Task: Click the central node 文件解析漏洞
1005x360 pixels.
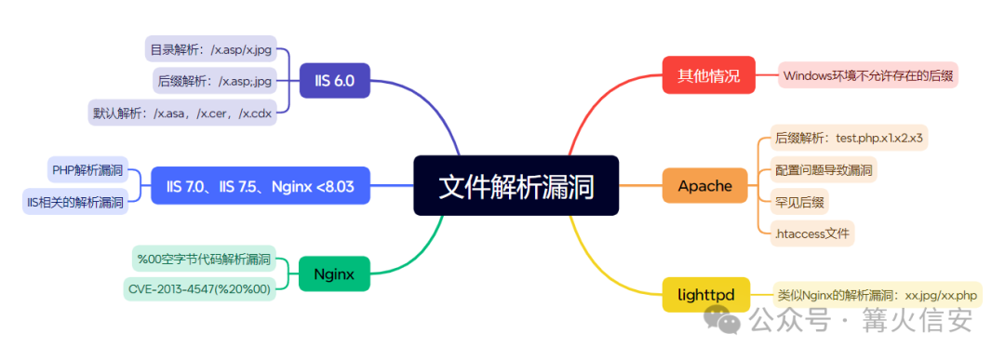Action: tap(516, 186)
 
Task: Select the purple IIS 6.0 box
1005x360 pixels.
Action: tap(335, 80)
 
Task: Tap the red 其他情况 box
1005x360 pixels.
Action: tap(708, 75)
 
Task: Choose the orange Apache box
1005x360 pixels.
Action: tap(704, 186)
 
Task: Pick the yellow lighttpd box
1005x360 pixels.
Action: tap(705, 295)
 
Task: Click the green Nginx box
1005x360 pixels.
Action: tap(335, 274)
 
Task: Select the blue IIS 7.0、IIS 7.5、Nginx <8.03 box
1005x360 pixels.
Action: tap(261, 186)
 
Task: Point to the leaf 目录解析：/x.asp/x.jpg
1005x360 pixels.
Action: tap(211, 48)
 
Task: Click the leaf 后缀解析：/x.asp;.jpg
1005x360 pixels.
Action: tap(215, 81)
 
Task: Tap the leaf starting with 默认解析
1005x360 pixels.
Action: tap(182, 113)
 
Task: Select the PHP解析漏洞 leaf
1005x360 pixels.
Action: tap(87, 169)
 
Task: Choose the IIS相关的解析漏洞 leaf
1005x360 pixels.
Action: tap(75, 202)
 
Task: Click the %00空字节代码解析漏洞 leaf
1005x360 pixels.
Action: tap(203, 259)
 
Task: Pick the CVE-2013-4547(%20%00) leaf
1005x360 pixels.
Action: tap(199, 289)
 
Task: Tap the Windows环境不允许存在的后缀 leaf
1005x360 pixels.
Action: tap(868, 75)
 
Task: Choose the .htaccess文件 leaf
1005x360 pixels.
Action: tap(812, 233)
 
